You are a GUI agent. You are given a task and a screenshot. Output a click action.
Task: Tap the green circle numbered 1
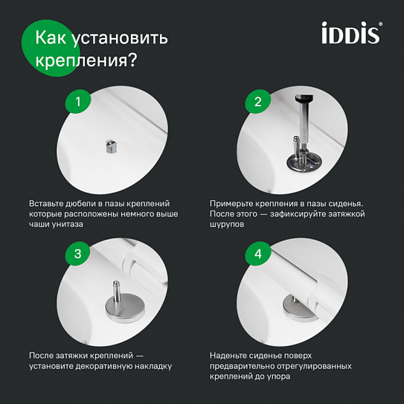click(77, 103)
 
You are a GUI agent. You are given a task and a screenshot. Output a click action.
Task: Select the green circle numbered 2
click(258, 103)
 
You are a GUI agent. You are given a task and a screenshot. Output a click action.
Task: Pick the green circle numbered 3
click(77, 254)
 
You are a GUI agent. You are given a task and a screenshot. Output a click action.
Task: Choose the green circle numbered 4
click(258, 254)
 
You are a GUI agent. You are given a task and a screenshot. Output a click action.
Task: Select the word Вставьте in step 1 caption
click(49, 203)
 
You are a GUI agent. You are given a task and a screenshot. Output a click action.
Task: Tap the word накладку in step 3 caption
click(153, 365)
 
